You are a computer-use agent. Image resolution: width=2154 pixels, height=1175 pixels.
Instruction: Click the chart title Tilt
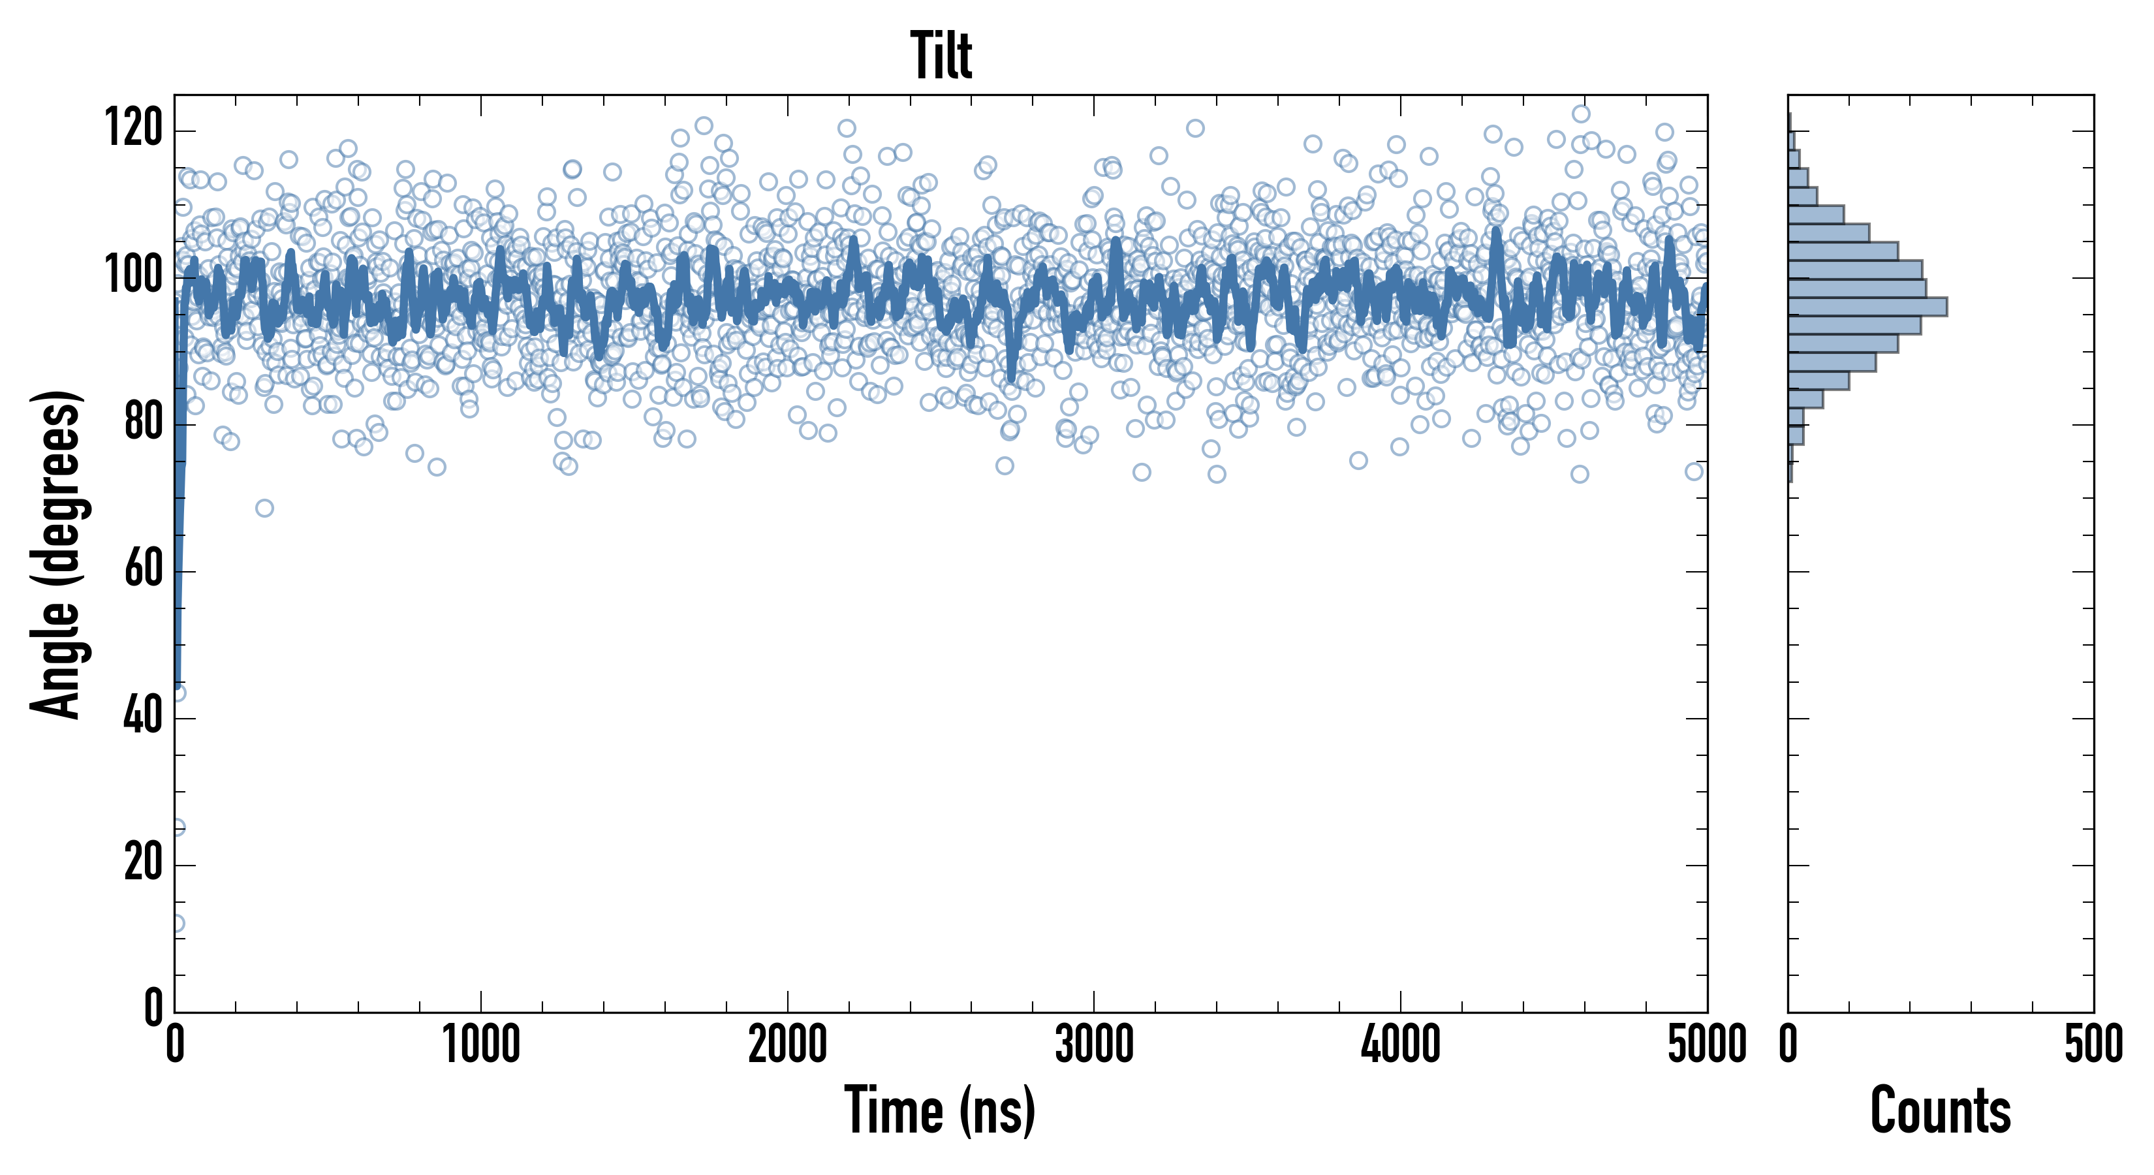tap(941, 56)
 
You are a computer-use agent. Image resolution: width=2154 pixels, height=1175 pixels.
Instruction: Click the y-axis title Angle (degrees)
tap(57, 554)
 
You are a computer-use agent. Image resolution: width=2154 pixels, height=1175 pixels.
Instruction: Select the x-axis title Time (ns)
tap(940, 1110)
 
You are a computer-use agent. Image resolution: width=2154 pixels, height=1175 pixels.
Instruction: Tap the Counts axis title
tap(1940, 1110)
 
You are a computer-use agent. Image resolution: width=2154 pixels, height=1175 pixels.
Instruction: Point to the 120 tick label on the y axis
tap(133, 130)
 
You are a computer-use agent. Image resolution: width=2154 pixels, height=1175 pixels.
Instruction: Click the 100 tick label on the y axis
tap(133, 277)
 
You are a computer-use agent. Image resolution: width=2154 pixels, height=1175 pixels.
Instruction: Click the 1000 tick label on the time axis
tap(481, 1045)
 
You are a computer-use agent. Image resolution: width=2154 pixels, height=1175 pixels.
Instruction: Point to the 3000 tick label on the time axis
tap(1094, 1045)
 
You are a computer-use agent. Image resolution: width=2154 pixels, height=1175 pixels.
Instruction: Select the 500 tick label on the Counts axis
tap(2093, 1045)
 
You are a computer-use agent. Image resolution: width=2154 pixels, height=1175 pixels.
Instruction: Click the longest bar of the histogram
tap(1866, 307)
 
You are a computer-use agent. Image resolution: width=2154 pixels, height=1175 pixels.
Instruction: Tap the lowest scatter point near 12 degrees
tap(176, 923)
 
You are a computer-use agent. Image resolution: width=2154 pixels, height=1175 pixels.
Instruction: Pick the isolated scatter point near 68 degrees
tap(264, 508)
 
